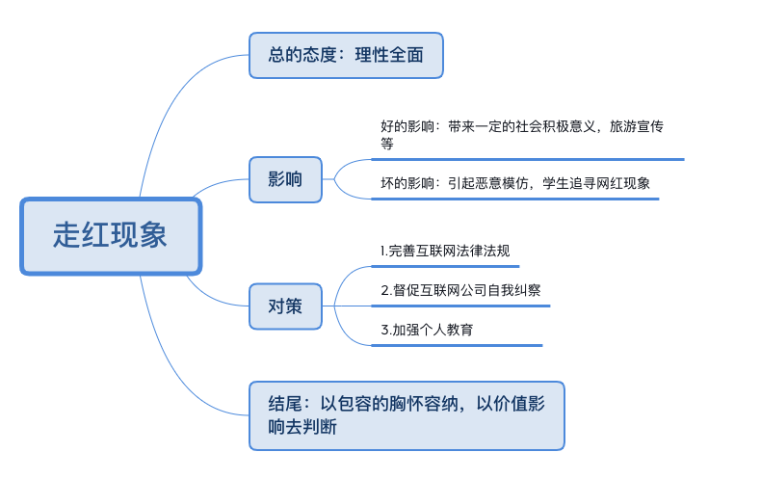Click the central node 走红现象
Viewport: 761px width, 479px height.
111,236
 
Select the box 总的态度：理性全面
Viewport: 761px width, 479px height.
346,55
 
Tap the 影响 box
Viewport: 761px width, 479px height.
285,179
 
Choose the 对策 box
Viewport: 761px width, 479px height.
285,306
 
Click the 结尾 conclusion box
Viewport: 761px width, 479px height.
407,415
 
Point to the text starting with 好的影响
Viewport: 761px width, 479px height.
522,135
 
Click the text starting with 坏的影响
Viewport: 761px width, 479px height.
515,183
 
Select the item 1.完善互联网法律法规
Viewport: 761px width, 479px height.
445,251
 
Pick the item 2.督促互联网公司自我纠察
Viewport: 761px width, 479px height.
460,290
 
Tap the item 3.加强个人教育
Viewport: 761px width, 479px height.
427,330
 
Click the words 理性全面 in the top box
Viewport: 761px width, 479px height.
389,55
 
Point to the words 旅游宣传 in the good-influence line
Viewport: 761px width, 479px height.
637,126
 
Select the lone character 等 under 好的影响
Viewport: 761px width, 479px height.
387,144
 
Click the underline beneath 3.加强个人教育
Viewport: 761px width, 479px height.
457,345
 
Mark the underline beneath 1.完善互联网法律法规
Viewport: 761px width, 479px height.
445,266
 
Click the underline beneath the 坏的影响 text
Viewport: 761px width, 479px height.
515,199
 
